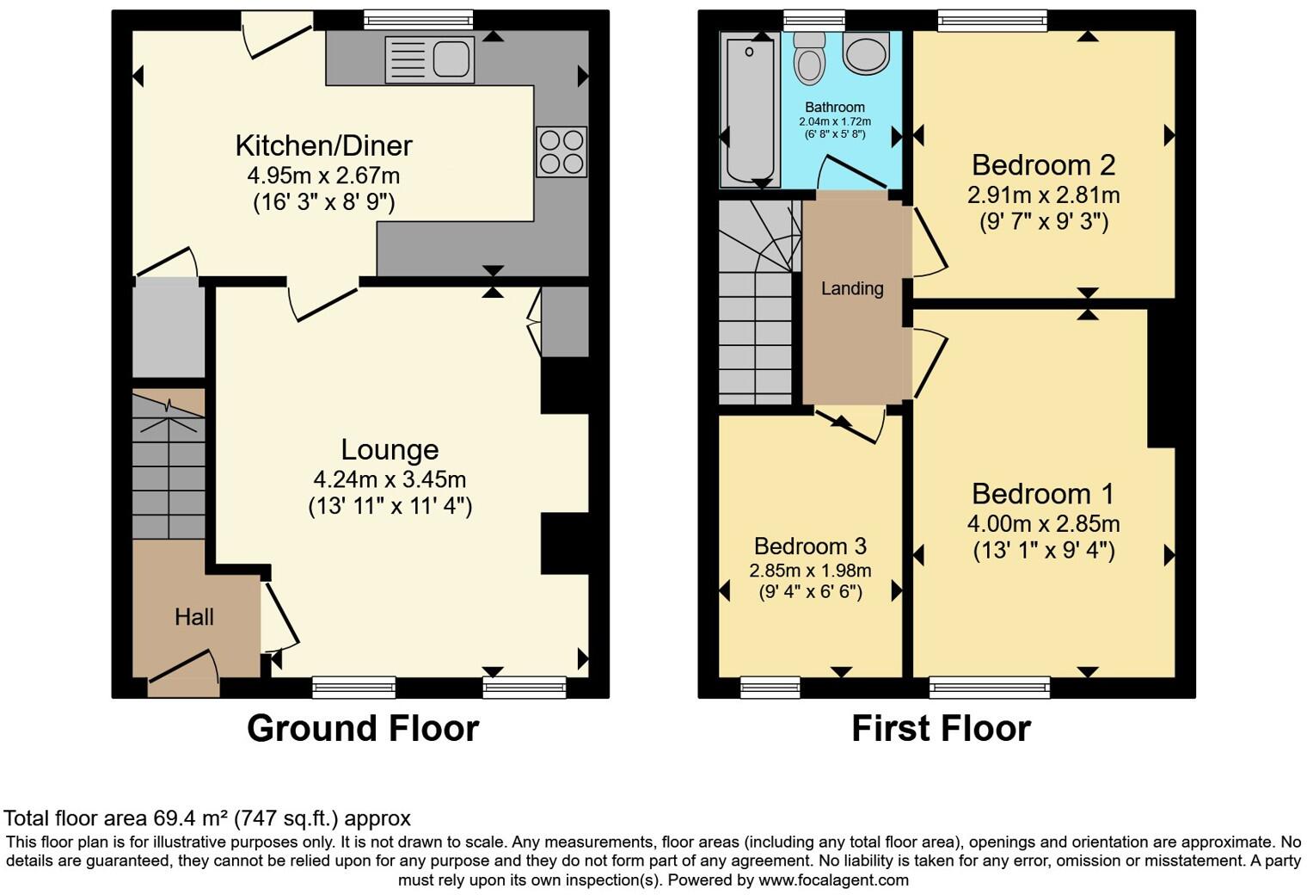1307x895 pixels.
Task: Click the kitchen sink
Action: [x=430, y=59]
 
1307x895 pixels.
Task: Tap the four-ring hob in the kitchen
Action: [x=561, y=151]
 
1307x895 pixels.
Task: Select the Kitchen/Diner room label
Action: [x=324, y=145]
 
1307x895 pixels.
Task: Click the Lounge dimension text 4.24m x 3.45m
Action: [x=390, y=479]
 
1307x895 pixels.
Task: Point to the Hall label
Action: [x=194, y=617]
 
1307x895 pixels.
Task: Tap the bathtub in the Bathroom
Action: [x=749, y=109]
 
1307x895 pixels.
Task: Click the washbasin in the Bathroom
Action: [x=865, y=53]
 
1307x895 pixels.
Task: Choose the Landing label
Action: [x=852, y=288]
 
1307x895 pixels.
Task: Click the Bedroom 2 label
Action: [x=1043, y=164]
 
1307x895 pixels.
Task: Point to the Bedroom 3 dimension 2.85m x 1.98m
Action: [x=810, y=571]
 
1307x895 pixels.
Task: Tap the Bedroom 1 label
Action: [x=1043, y=494]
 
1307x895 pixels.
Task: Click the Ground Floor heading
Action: [x=362, y=728]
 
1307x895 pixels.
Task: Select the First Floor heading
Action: [x=941, y=728]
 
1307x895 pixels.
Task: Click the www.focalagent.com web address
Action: [x=833, y=880]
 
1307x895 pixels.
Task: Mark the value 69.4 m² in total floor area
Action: [x=191, y=818]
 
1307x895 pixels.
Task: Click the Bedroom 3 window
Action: [x=770, y=686]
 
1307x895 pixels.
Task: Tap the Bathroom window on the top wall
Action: [x=813, y=20]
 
